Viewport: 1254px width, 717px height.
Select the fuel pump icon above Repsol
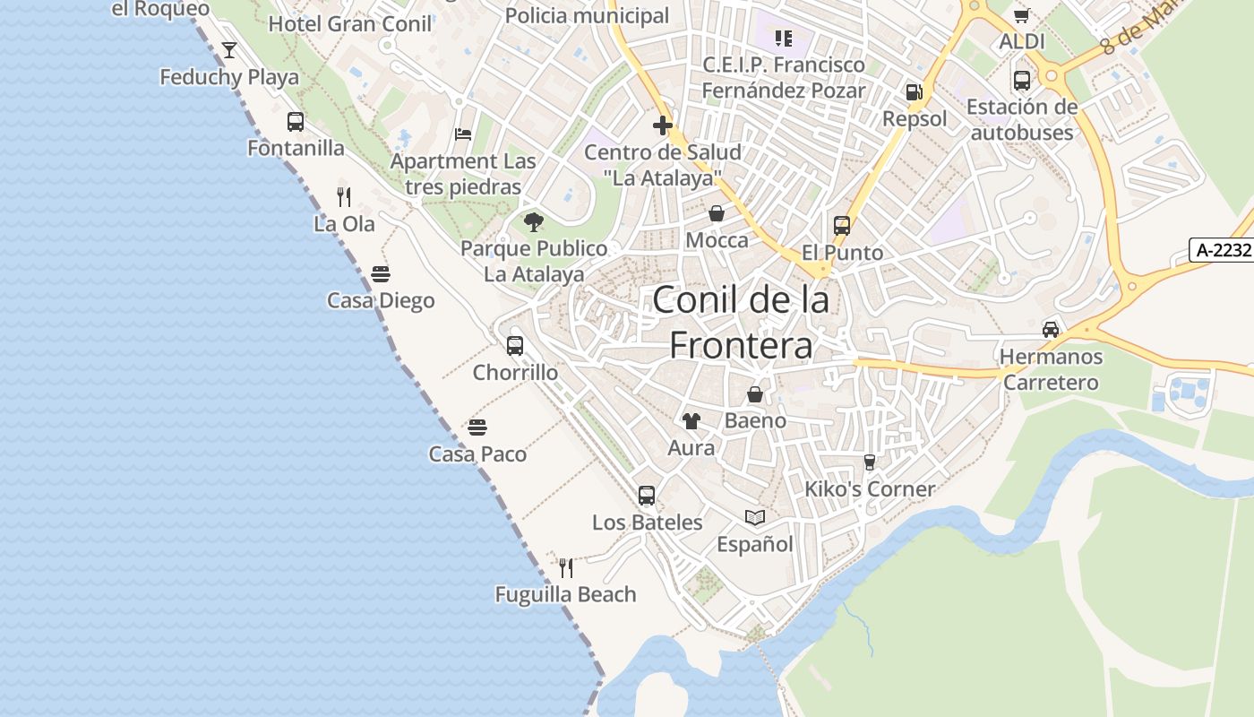click(914, 92)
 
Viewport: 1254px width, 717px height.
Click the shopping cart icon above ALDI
click(1021, 16)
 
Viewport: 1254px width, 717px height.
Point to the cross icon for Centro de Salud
click(663, 125)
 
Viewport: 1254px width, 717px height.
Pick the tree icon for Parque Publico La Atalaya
click(534, 222)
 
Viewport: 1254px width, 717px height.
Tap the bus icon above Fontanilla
click(296, 122)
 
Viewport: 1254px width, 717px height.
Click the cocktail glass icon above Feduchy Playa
click(229, 50)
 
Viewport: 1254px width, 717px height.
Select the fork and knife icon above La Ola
click(344, 196)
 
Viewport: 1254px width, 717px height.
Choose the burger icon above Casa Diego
click(381, 273)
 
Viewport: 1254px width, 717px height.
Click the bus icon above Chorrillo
click(515, 346)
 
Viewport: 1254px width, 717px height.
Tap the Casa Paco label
click(477, 454)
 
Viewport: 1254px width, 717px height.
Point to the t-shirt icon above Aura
click(691, 421)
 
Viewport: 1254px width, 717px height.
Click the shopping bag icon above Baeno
click(755, 394)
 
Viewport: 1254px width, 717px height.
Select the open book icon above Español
click(755, 517)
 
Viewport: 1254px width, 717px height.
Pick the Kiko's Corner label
click(869, 489)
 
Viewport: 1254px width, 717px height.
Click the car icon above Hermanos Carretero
click(1051, 329)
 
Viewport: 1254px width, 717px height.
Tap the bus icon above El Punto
click(842, 226)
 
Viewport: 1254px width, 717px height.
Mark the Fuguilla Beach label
click(565, 594)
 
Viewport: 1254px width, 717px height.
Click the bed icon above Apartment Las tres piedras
click(463, 134)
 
